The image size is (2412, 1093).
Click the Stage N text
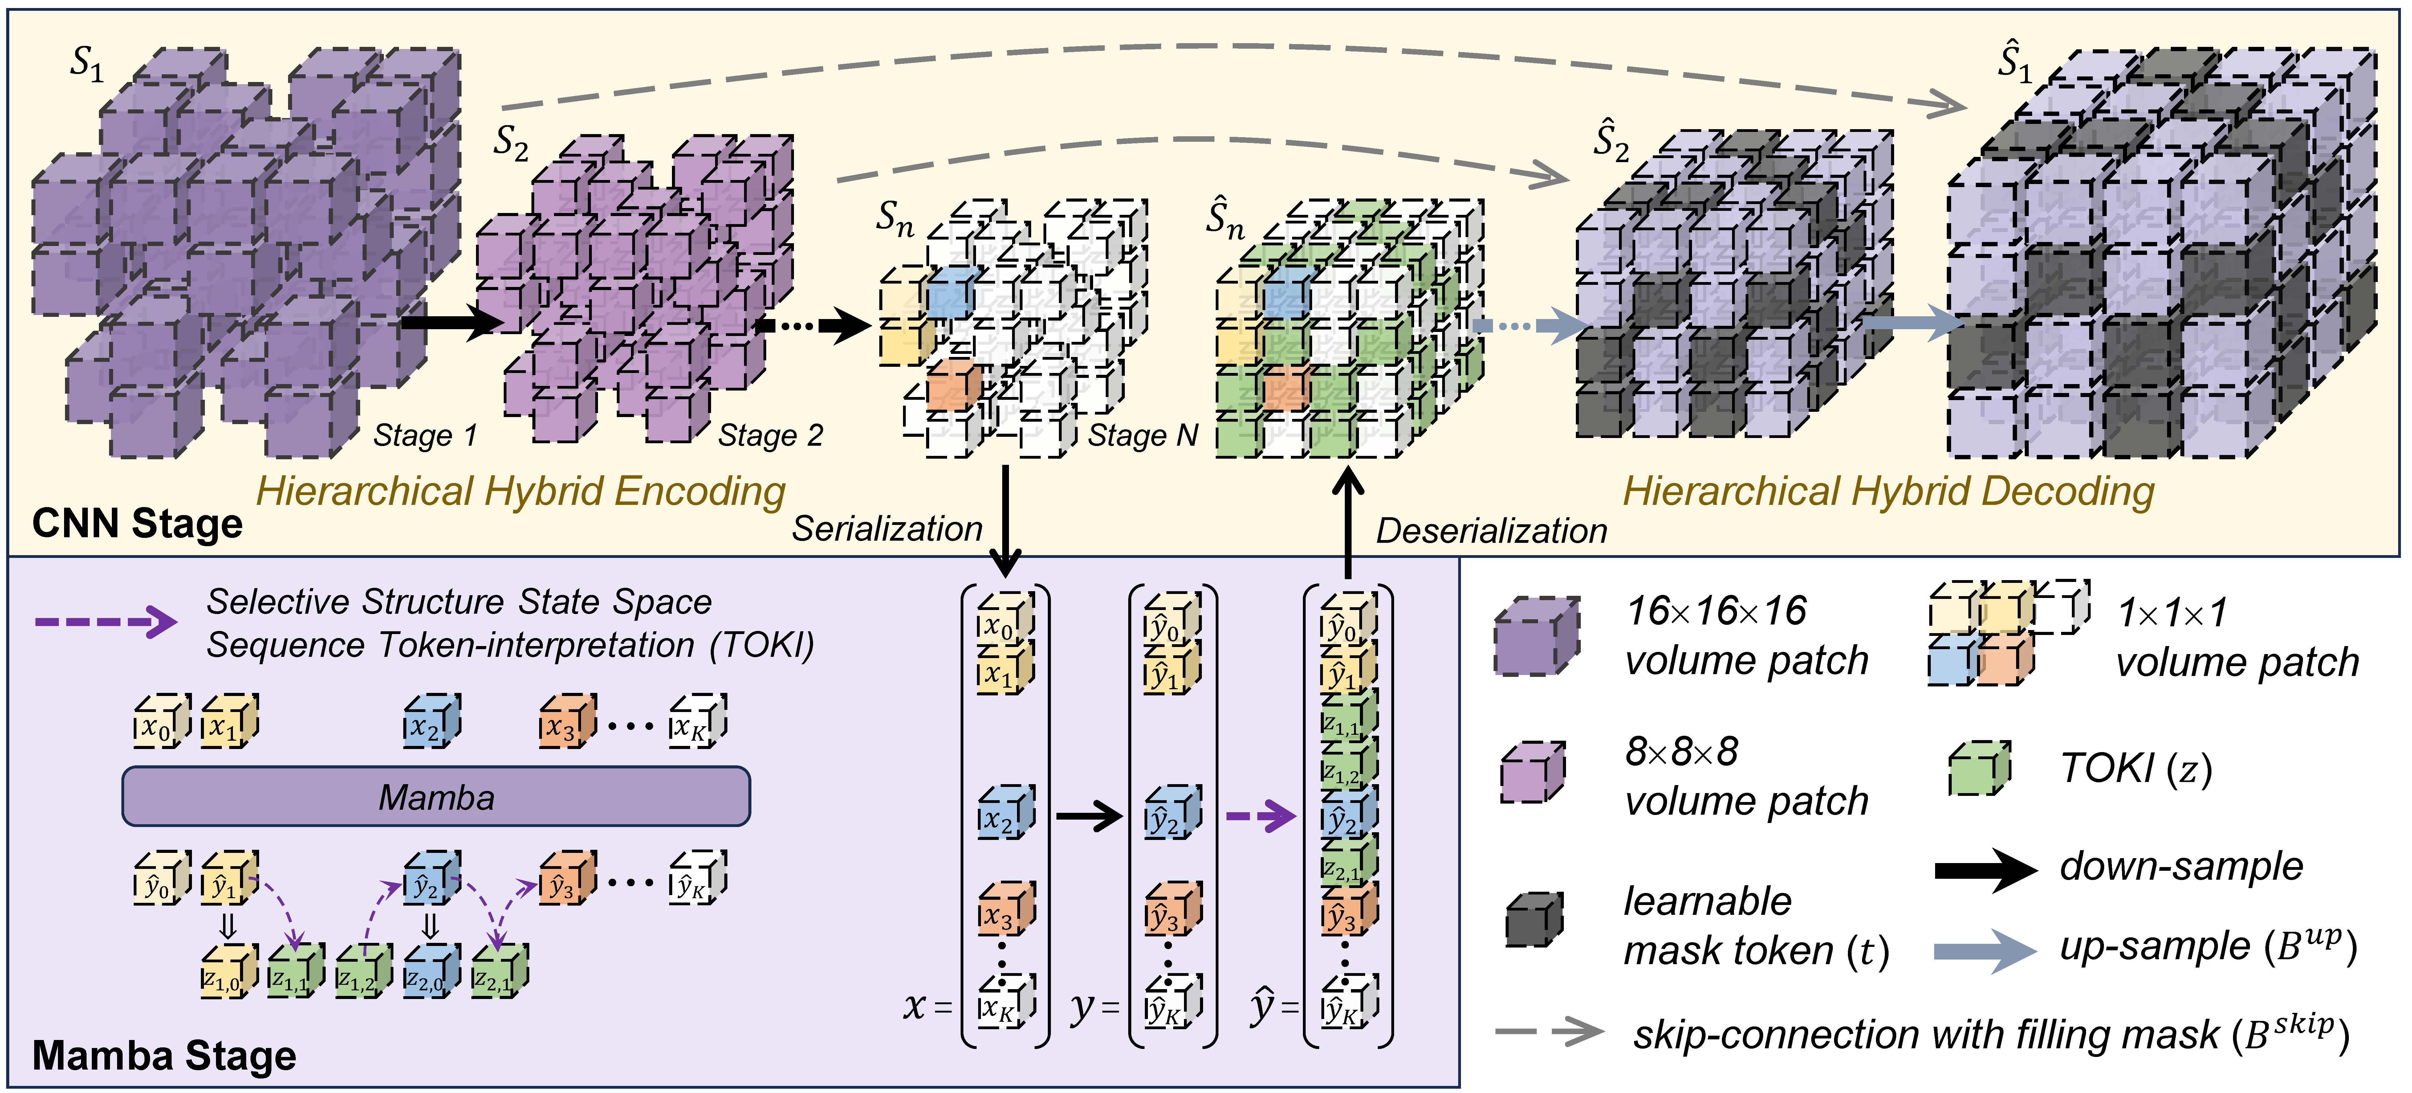pos(1142,436)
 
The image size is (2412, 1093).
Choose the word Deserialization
pos(1491,531)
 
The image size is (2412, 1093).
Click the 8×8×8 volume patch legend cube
pos(1532,773)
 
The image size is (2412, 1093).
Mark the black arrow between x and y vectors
pos(1089,816)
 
